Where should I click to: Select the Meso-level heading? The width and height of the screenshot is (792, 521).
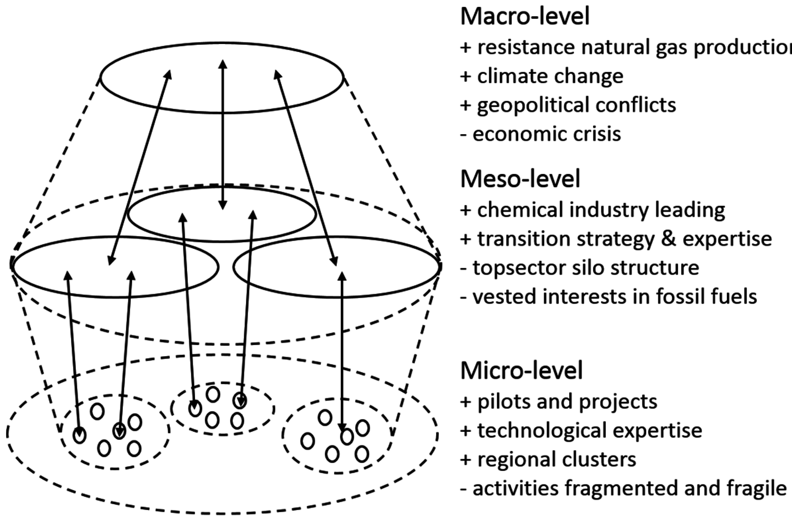520,179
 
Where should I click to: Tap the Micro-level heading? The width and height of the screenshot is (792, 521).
521,370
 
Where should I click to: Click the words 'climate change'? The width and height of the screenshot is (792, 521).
550,76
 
